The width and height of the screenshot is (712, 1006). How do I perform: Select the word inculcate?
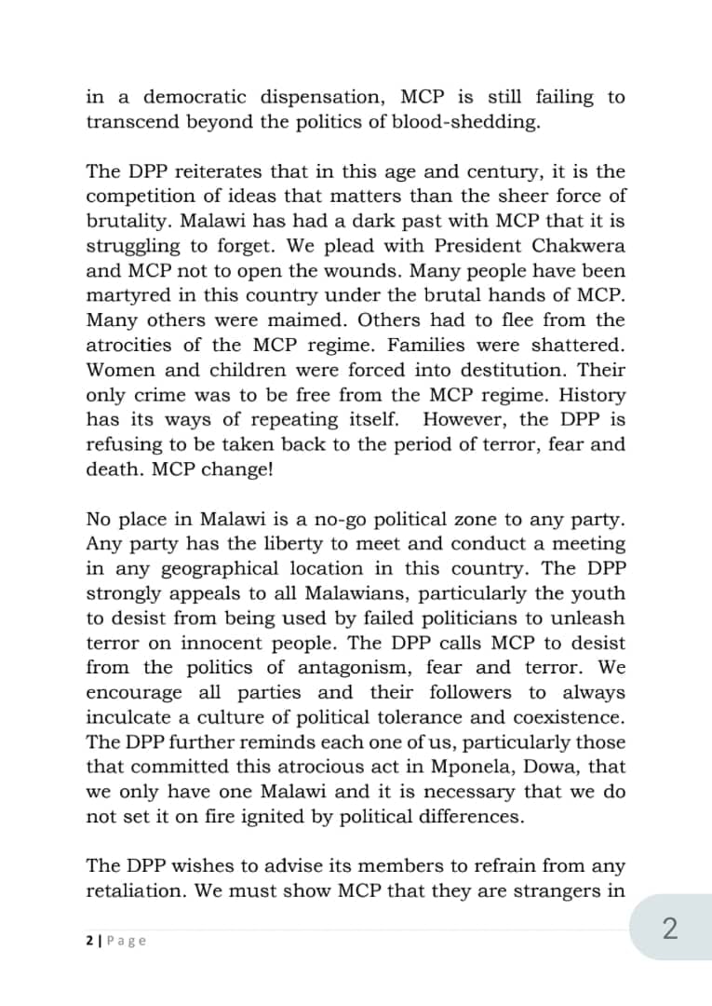pyautogui.click(x=131, y=717)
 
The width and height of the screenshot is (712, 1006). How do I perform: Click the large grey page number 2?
pyautogui.click(x=669, y=930)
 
